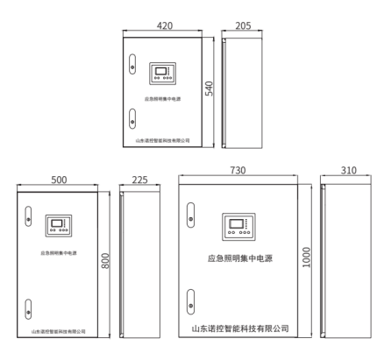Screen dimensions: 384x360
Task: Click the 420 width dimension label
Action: [x=165, y=25]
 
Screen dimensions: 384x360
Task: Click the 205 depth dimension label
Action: [x=243, y=25]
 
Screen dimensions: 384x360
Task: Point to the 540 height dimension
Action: [x=209, y=88]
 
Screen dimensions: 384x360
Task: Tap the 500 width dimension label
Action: [x=59, y=180]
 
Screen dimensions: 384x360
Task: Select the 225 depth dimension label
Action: [x=139, y=180]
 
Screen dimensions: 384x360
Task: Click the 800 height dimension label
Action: [x=105, y=261]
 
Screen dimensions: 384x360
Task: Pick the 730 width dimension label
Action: [x=238, y=170]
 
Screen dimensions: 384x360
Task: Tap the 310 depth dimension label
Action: [x=349, y=170]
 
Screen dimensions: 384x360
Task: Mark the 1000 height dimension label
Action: [x=306, y=258]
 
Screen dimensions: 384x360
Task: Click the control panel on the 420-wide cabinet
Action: [x=162, y=74]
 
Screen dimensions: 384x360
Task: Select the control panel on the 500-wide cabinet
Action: [x=59, y=226]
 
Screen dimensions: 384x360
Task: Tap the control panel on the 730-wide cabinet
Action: [x=238, y=227]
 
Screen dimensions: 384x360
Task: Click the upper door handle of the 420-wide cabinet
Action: [x=132, y=64]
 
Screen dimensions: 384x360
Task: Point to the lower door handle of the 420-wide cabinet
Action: [x=132, y=118]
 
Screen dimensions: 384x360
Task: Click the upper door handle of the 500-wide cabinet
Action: [x=28, y=216]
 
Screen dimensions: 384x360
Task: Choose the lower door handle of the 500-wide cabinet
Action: [x=28, y=309]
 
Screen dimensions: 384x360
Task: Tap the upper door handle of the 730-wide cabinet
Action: [x=191, y=215]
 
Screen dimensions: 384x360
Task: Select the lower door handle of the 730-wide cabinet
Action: [x=191, y=302]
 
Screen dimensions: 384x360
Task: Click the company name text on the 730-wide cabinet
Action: [x=240, y=328]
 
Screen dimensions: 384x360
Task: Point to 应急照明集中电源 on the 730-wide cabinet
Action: [x=240, y=258]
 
